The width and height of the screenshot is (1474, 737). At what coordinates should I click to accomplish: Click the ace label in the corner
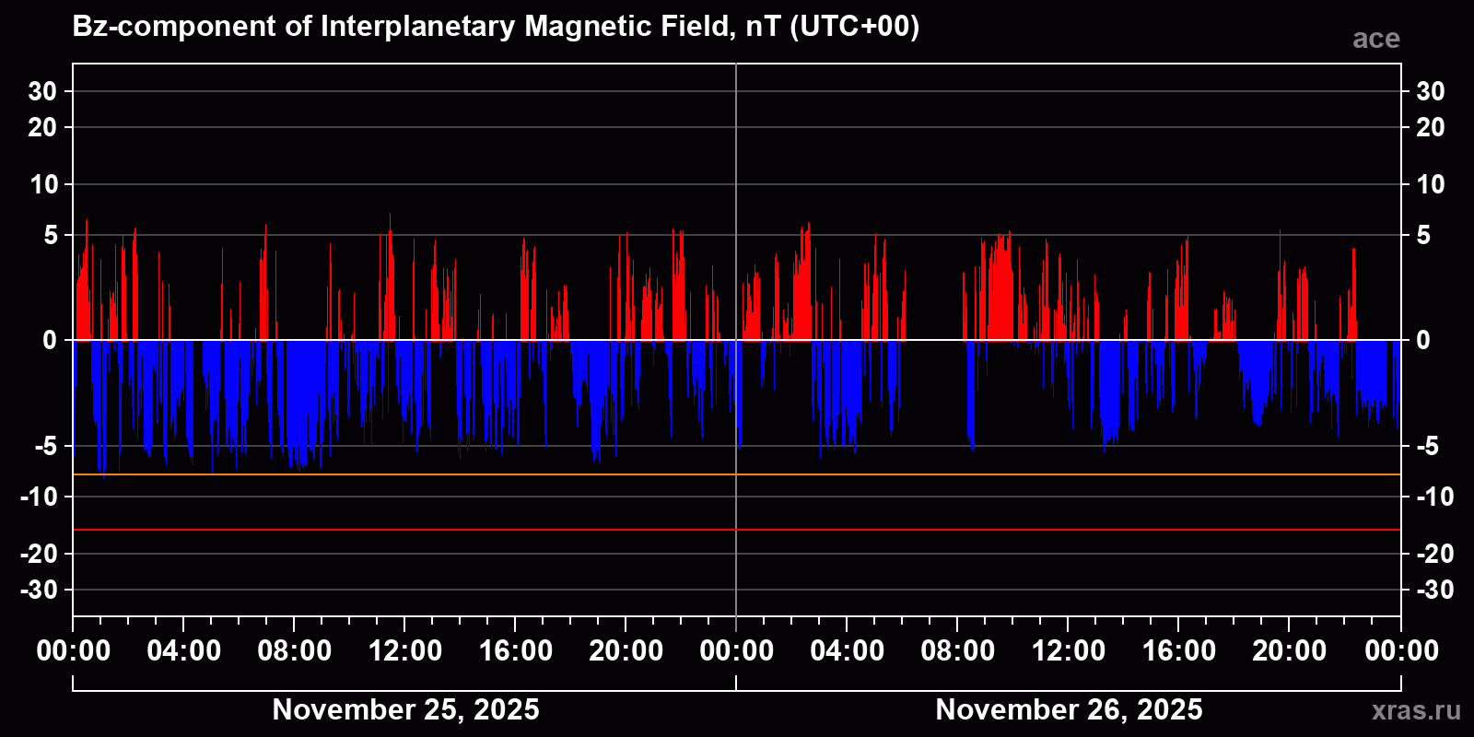(x=1375, y=39)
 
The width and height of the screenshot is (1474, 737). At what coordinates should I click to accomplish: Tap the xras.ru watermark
(x=1416, y=710)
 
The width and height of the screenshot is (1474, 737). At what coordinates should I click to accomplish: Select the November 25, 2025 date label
(x=405, y=709)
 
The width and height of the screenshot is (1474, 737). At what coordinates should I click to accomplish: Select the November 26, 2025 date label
(x=1069, y=709)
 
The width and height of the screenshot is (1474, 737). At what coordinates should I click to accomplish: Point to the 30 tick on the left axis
(x=42, y=91)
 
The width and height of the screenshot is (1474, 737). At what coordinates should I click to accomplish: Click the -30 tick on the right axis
(x=1433, y=590)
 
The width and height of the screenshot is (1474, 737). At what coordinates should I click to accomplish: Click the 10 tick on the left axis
(x=43, y=184)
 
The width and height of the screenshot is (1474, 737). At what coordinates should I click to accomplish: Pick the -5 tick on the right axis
(x=1427, y=447)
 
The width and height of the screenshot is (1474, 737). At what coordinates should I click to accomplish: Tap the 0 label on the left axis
(x=50, y=341)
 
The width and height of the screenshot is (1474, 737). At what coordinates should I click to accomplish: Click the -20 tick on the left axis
(x=39, y=554)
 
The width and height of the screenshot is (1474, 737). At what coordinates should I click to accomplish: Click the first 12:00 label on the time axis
(x=404, y=651)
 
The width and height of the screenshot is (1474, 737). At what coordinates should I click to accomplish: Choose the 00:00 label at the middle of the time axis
(x=736, y=651)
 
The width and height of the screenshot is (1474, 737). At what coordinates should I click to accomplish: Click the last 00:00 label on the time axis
(x=1401, y=651)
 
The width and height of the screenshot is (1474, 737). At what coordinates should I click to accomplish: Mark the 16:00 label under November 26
(x=1178, y=651)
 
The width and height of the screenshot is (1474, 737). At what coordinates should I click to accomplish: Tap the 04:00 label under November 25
(x=183, y=651)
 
